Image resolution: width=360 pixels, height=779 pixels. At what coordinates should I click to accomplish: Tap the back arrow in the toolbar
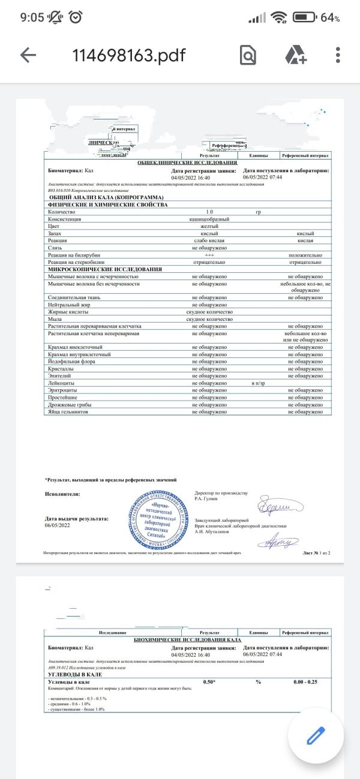tap(28, 55)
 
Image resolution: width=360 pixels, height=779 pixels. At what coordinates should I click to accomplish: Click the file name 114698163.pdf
tap(129, 55)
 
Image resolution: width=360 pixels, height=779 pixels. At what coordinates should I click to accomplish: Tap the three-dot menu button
tap(338, 55)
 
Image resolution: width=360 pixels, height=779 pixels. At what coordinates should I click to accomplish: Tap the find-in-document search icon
tap(248, 55)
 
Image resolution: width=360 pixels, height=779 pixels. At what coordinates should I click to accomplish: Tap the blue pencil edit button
tap(316, 736)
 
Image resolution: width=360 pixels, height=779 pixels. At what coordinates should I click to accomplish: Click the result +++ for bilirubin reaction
tap(209, 255)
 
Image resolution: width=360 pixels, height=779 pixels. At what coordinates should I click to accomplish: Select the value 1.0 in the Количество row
tap(209, 212)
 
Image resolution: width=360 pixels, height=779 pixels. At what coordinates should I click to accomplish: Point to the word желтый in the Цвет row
tap(209, 227)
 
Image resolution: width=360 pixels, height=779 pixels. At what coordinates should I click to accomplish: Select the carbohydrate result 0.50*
tap(209, 682)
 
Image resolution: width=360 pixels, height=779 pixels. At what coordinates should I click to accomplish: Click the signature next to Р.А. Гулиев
tap(281, 507)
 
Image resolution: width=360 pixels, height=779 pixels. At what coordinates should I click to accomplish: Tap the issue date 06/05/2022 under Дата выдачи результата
tap(58, 526)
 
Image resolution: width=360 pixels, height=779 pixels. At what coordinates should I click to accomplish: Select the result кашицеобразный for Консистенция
tap(209, 219)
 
